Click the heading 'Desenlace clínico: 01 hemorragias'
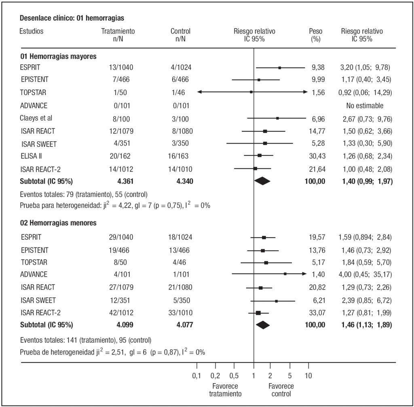pyautogui.click(x=72, y=18)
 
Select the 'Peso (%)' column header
pyautogui.click(x=315, y=35)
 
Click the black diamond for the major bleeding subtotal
pyautogui.click(x=262, y=182)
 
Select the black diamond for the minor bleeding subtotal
pyautogui.click(x=263, y=325)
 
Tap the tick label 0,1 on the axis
pyautogui.click(x=196, y=376)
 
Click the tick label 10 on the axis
pyautogui.click(x=308, y=376)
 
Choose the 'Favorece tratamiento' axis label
pyautogui.click(x=225, y=390)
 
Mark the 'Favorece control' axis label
pyautogui.click(x=281, y=390)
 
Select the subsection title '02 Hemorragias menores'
pyautogui.click(x=59, y=223)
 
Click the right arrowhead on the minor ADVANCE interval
pyautogui.click(x=305, y=274)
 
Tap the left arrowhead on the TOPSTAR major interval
pyautogui.click(x=199, y=92)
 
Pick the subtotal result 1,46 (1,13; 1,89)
pyautogui.click(x=365, y=325)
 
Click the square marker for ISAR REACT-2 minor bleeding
pyautogui.click(x=258, y=312)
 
